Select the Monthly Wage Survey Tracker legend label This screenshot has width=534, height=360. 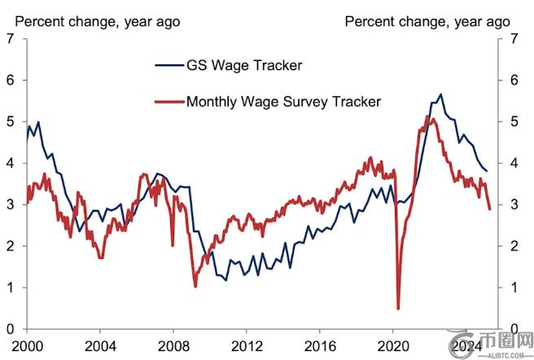[283, 102]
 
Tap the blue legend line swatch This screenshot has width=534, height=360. [169, 64]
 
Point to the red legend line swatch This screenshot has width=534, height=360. [169, 102]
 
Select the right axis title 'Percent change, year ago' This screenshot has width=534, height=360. [428, 20]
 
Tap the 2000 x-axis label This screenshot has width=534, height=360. [27, 345]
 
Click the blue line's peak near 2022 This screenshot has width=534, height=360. [440, 94]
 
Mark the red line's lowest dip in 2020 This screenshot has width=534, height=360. [398, 309]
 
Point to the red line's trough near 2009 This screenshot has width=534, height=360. [195, 286]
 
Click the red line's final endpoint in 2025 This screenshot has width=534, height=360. [489, 209]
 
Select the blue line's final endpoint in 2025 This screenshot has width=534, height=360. [488, 171]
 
